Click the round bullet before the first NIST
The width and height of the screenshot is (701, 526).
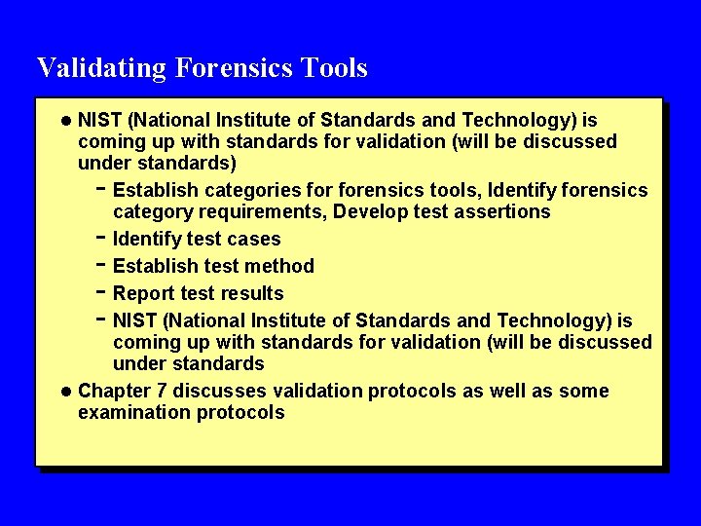click(65, 121)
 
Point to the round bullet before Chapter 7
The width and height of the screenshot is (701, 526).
click(65, 392)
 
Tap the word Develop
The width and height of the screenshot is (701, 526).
click(371, 211)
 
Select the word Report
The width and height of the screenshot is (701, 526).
click(143, 293)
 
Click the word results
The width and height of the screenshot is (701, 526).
click(253, 293)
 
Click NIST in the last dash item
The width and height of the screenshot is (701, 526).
click(134, 320)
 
